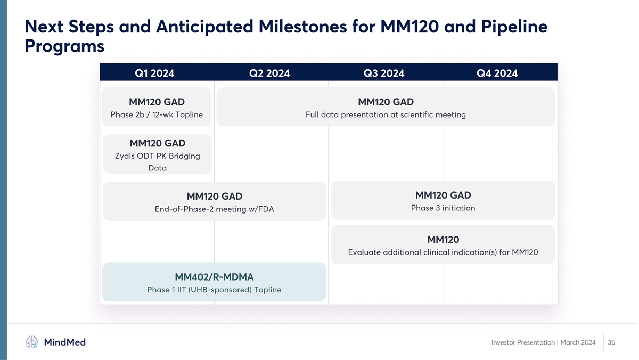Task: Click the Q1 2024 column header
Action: click(154, 73)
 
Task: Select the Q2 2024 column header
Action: click(269, 73)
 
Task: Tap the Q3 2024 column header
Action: click(384, 73)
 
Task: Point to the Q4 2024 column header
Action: click(497, 73)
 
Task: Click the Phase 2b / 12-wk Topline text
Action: click(157, 114)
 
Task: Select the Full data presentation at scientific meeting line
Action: click(386, 114)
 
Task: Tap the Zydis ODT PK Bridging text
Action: click(158, 156)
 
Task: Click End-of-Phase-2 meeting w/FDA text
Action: click(214, 209)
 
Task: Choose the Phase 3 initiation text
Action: click(443, 208)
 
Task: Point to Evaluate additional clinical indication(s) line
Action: click(443, 252)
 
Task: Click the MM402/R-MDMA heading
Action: click(214, 277)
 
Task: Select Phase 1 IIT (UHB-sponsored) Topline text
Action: click(214, 290)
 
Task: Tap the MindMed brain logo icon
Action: click(31, 342)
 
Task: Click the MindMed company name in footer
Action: click(65, 342)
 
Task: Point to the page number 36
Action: click(611, 342)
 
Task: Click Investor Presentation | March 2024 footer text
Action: click(544, 342)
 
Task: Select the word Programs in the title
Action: click(64, 46)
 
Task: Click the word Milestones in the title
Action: click(302, 26)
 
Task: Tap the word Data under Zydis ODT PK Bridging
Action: click(158, 168)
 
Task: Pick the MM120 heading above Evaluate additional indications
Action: click(443, 239)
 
